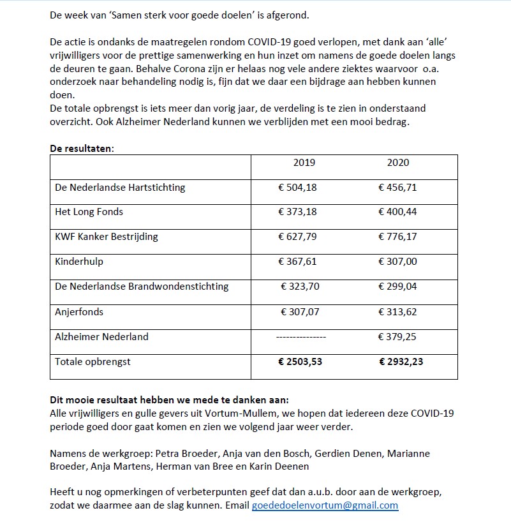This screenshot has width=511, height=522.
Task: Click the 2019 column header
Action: (x=304, y=163)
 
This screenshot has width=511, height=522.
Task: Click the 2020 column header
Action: (x=398, y=163)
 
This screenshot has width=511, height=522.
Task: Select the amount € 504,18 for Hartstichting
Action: (x=298, y=188)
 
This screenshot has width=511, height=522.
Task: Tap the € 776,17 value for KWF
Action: (x=397, y=237)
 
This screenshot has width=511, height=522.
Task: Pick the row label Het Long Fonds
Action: (x=89, y=212)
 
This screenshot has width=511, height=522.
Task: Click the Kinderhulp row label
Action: (x=79, y=262)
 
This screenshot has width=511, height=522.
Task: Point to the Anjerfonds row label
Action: (x=79, y=312)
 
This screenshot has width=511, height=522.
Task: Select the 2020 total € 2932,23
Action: (x=401, y=362)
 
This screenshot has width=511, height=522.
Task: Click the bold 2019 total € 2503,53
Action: (x=300, y=362)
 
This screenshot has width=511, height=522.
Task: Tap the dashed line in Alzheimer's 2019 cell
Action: (x=300, y=337)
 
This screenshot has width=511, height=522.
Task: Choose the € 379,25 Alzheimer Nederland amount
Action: (x=397, y=337)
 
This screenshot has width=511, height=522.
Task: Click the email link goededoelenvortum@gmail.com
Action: (x=325, y=505)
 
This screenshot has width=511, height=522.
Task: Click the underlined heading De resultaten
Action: (x=82, y=148)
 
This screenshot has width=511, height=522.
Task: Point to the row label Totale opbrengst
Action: (x=93, y=362)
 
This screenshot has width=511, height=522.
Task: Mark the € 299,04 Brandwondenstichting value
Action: (x=397, y=287)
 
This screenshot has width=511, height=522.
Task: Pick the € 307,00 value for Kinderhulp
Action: (x=397, y=262)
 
